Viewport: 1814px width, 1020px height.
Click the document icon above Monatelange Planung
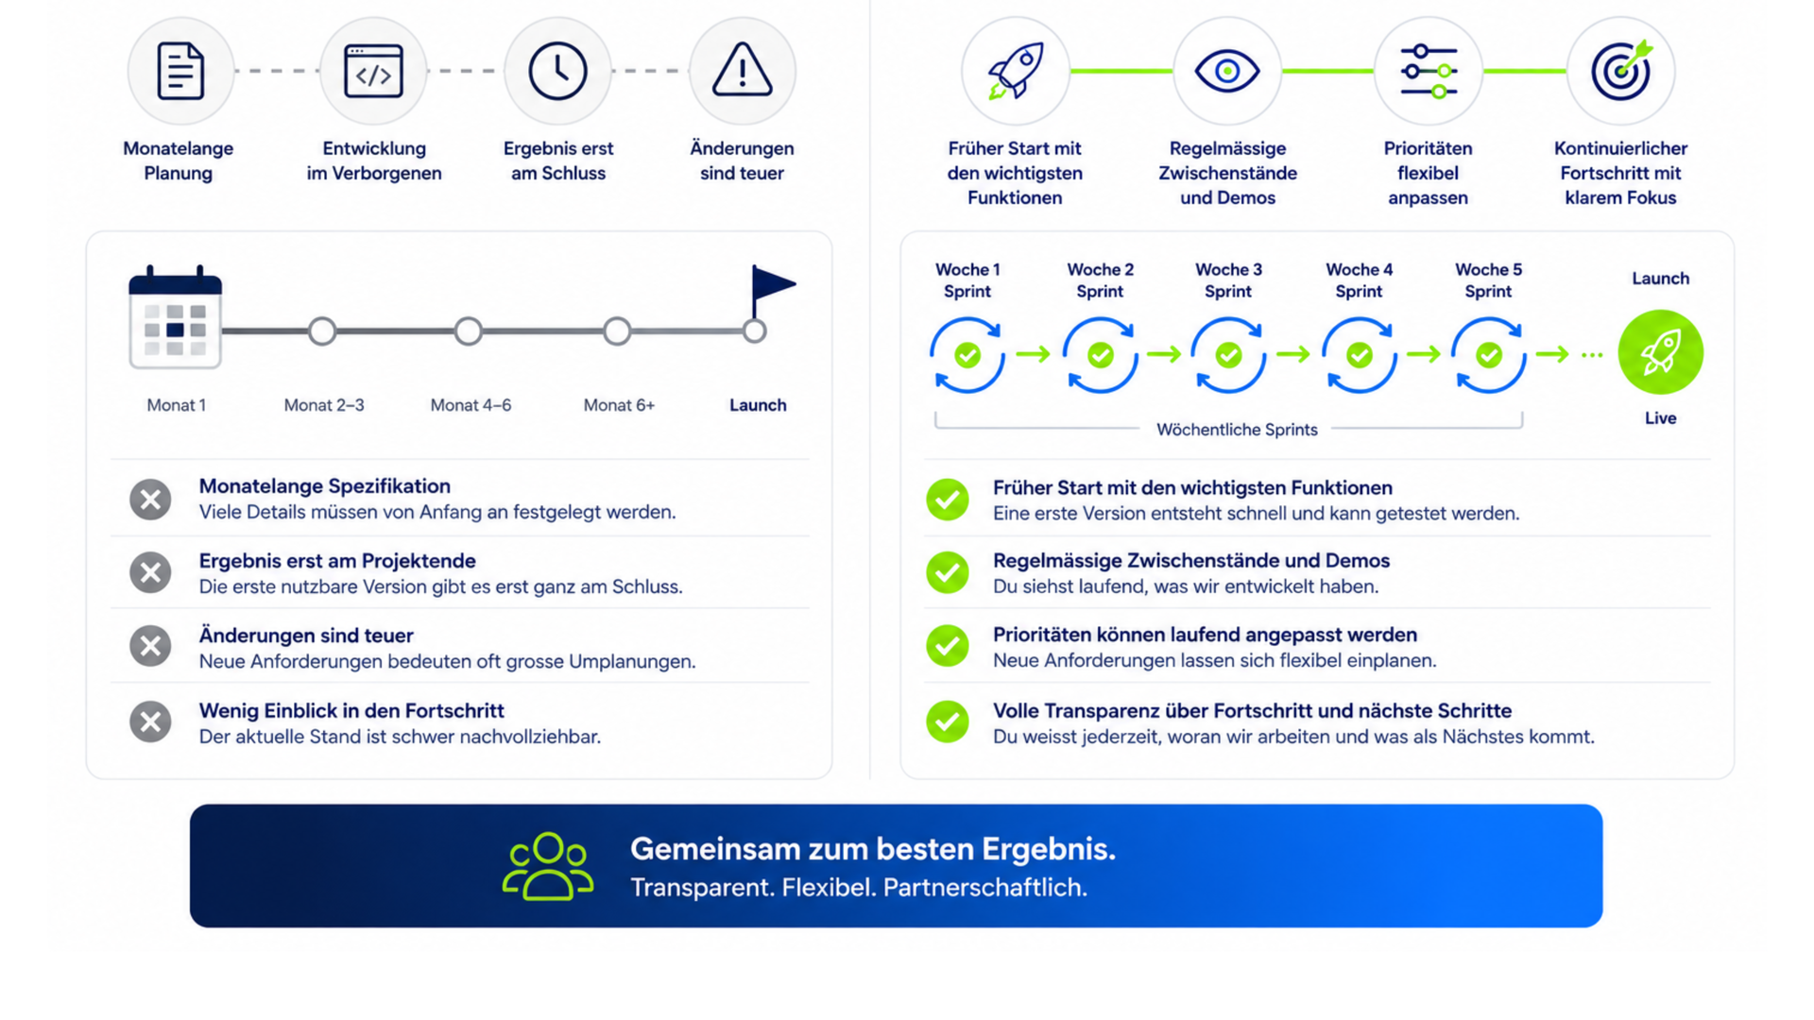180,71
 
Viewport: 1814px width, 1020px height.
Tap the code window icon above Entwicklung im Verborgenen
373,71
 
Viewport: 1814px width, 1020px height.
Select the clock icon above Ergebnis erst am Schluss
557,71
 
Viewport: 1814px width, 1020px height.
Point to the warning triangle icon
742,70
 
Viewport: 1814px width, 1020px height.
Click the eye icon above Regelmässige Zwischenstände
1226,71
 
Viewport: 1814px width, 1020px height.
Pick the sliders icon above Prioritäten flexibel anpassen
1429,71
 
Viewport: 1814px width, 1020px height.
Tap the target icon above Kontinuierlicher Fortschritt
1621,70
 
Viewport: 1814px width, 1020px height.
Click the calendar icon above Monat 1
175,317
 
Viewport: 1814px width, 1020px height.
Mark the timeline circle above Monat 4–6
469,331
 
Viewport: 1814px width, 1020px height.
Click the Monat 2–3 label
324,405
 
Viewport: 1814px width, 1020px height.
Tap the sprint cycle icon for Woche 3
1228,355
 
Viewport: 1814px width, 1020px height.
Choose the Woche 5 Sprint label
1488,280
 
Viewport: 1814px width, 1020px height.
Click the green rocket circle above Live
1660,352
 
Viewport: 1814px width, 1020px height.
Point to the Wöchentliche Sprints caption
1237,430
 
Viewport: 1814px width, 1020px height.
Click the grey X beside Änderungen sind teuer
150,646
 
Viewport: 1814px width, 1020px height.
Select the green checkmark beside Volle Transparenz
948,722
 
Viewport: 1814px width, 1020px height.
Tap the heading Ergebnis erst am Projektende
337,561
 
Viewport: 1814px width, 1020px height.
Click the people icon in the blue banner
548,866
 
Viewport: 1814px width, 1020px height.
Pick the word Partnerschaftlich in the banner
985,888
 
